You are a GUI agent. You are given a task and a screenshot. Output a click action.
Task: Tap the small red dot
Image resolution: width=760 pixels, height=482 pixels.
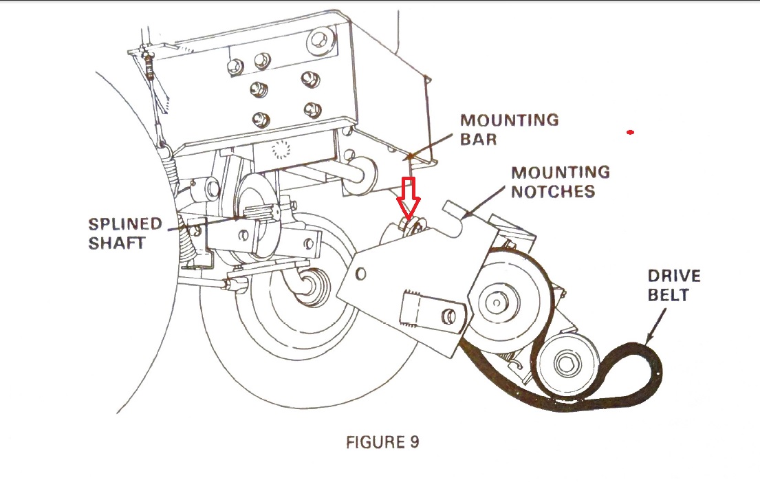coord(630,132)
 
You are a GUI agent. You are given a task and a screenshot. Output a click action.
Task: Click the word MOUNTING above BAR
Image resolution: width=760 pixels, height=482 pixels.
coord(510,120)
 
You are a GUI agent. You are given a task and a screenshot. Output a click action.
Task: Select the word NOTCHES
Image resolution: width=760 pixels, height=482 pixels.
coord(553,191)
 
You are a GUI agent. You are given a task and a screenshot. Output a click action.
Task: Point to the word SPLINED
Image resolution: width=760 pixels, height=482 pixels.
coord(125,223)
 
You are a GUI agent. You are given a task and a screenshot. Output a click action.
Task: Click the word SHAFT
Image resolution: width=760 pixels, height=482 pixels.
coord(117,243)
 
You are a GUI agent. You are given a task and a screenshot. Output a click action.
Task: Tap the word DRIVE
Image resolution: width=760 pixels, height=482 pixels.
coord(674,276)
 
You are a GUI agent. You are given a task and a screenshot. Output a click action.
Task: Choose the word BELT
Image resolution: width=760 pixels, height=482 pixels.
coord(669,295)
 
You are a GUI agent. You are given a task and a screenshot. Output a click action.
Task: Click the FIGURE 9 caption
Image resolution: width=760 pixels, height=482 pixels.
coord(382,442)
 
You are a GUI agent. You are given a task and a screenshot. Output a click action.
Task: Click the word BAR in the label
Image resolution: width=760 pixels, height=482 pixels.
coord(479,139)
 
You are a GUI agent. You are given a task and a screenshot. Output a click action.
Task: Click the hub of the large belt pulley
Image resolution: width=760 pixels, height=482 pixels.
coord(497,303)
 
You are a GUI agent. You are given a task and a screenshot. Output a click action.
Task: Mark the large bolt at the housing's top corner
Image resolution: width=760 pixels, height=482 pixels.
coord(321,41)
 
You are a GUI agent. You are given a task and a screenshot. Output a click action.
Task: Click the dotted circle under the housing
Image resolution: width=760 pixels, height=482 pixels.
coord(281,150)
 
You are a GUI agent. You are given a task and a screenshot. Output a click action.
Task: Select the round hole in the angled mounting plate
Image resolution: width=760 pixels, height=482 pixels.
coord(360,274)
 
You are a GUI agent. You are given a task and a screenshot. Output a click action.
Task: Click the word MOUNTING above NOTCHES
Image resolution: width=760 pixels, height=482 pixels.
coord(561,172)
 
